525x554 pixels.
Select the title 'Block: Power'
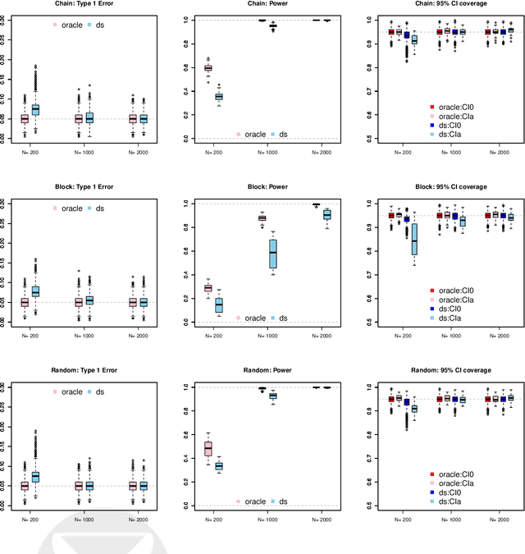coord(262,187)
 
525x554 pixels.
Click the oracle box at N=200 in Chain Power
coord(208,68)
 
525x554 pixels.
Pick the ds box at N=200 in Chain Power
coord(218,97)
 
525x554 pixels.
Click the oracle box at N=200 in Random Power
coord(208,449)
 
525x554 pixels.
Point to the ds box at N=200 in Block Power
coord(218,305)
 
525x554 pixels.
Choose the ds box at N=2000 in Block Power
coord(326,215)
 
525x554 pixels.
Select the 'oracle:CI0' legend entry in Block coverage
coord(461,290)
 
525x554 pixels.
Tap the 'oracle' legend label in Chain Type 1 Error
coord(71,25)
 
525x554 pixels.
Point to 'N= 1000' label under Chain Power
coord(267,152)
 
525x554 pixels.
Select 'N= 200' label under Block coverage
coord(402,336)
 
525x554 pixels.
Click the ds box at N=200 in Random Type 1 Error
coord(35,477)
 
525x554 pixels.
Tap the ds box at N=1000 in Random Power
coord(273,396)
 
